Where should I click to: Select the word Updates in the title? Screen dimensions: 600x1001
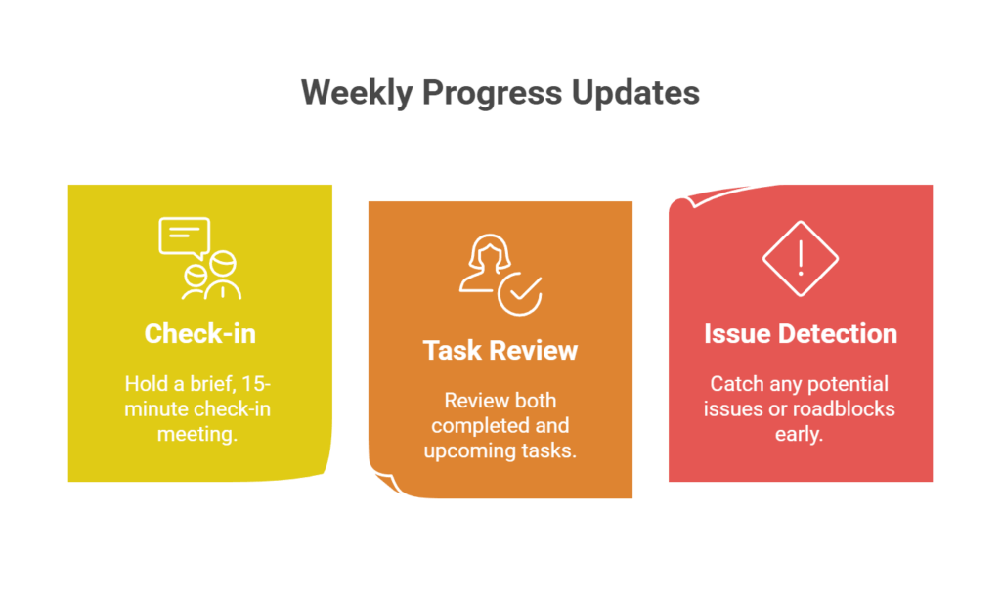coord(636,93)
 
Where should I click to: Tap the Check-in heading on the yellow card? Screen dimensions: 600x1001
coord(199,333)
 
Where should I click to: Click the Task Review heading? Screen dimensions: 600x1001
coord(500,350)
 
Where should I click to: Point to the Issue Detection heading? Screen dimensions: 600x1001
coord(800,333)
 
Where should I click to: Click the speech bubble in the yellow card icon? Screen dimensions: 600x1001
coord(184,236)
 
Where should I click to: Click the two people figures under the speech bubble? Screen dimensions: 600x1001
coord(211,276)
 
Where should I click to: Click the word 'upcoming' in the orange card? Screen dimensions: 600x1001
coord(464,450)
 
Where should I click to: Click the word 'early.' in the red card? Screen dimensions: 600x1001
coord(800,434)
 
